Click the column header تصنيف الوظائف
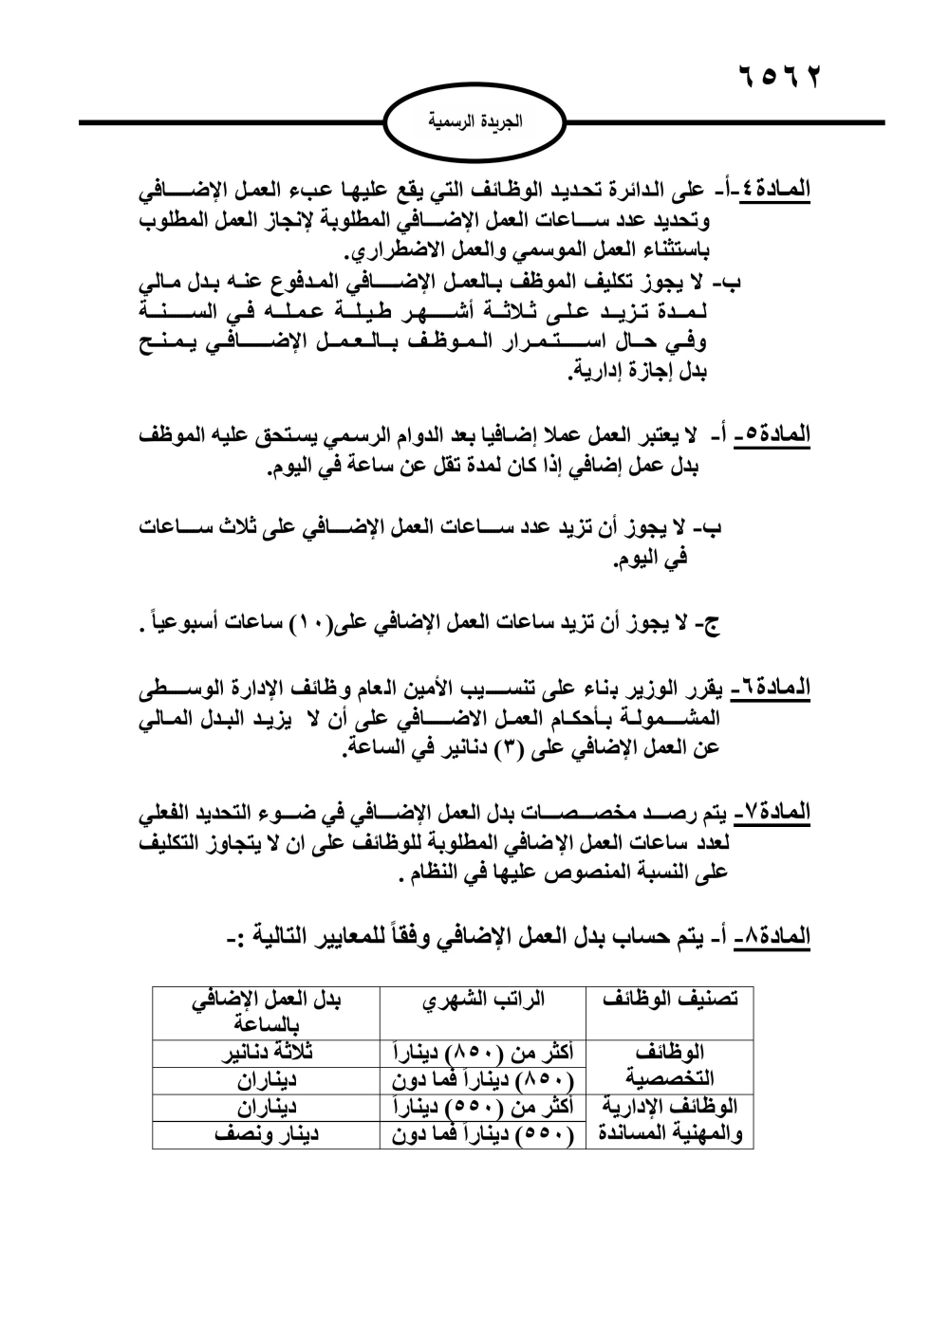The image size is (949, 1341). [x=671, y=1001]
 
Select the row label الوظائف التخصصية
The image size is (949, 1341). [x=671, y=1066]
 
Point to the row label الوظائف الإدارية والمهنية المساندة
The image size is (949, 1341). [x=671, y=1120]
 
